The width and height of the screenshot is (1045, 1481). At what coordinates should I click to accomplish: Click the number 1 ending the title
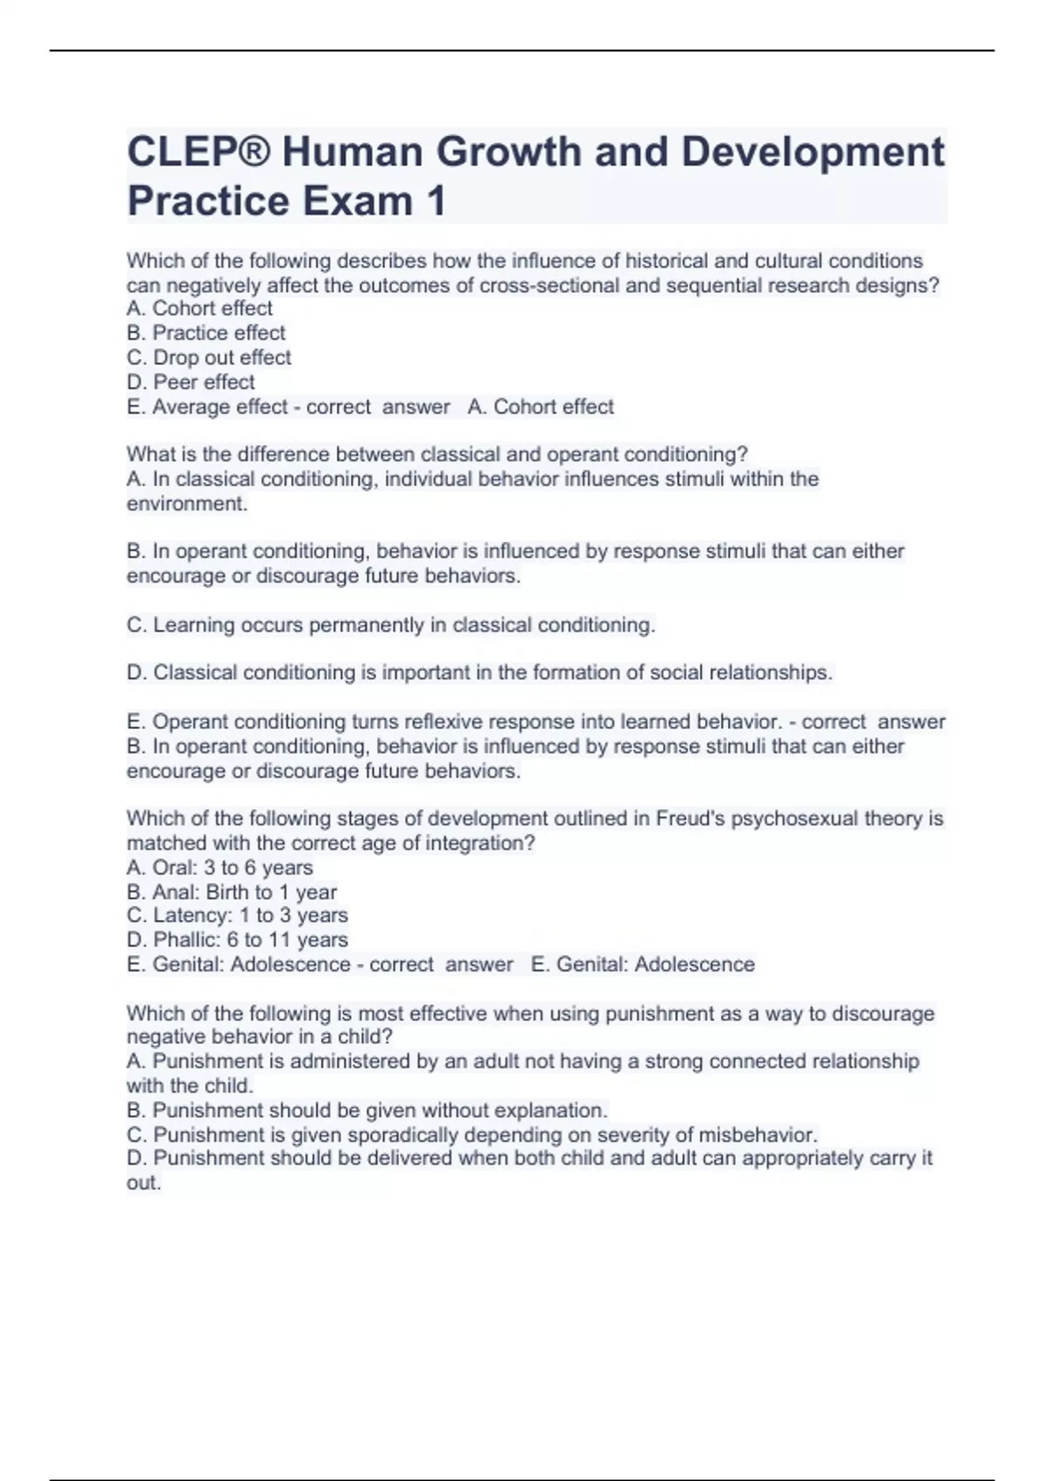(x=435, y=201)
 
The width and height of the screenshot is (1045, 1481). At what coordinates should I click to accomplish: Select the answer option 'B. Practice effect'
(x=206, y=333)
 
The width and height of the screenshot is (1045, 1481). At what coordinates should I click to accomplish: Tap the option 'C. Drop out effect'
(x=209, y=357)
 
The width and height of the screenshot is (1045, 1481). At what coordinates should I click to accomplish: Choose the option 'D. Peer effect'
(x=191, y=382)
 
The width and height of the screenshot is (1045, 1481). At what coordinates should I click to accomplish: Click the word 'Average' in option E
(x=185, y=407)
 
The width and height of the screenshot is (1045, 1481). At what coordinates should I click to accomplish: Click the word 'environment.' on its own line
(x=187, y=504)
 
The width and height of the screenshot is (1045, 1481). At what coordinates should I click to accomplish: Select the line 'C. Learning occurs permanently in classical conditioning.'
(x=391, y=625)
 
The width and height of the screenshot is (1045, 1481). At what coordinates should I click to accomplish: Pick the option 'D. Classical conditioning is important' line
(x=479, y=673)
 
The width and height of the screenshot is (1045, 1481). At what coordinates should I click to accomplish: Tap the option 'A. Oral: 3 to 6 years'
(x=219, y=868)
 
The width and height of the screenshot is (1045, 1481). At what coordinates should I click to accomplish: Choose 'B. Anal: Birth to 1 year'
(x=232, y=892)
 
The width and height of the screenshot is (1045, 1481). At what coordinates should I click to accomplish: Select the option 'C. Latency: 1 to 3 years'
(x=237, y=916)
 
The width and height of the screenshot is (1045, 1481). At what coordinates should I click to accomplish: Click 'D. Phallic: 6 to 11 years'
(x=237, y=940)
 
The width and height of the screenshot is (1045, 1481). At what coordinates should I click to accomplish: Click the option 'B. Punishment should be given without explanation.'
(x=367, y=1111)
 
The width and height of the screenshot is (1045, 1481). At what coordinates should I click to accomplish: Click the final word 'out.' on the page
(x=144, y=1183)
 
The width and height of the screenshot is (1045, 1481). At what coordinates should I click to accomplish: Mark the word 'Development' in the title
(x=812, y=152)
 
